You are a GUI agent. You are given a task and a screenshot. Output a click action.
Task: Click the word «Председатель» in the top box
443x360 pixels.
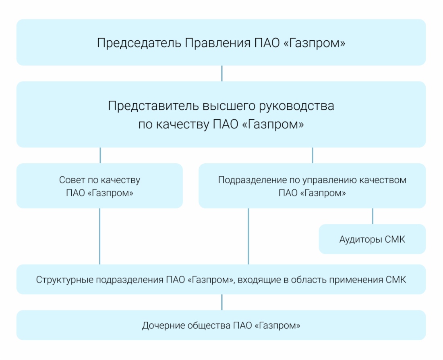point(139,43)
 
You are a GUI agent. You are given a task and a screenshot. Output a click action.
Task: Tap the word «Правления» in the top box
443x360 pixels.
point(217,43)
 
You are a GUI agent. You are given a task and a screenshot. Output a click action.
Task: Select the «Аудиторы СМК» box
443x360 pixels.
point(373,239)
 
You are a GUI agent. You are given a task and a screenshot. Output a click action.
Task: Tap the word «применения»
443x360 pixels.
point(356,280)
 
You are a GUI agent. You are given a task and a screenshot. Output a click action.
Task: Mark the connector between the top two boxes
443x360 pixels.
point(222,73)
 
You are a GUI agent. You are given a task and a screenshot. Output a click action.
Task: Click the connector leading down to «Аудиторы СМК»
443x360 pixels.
point(373,216)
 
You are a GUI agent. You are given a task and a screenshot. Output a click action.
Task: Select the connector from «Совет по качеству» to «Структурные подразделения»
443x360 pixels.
point(100,236)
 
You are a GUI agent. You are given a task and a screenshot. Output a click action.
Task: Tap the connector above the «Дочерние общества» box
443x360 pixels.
point(222,302)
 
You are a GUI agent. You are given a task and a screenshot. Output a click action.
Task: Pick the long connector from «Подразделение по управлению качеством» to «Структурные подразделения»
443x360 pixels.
point(248,236)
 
